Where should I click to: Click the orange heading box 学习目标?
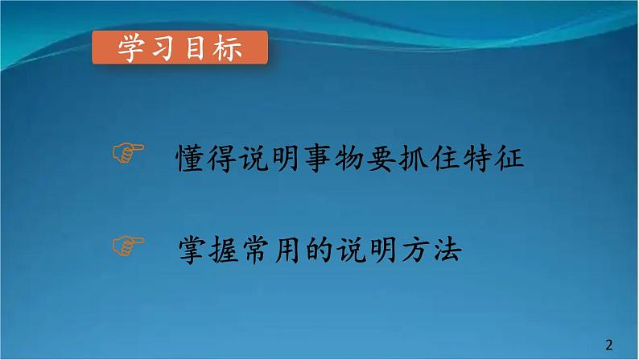180,51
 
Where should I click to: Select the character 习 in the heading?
165,51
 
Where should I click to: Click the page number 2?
608,344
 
